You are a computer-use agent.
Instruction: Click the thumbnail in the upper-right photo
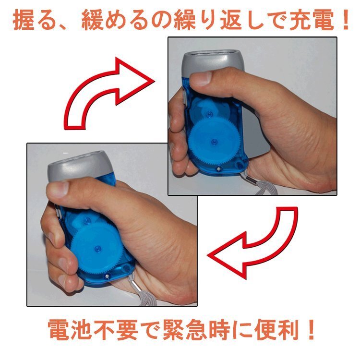[202, 79]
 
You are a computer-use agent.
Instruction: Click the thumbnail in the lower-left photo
[58, 189]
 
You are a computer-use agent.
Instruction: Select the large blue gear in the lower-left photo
[97, 249]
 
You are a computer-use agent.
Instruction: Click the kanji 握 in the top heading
[23, 20]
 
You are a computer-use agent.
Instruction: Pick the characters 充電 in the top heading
[311, 20]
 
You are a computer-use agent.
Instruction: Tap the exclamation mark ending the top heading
[344, 20]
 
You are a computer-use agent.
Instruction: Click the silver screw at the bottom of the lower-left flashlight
[107, 276]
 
